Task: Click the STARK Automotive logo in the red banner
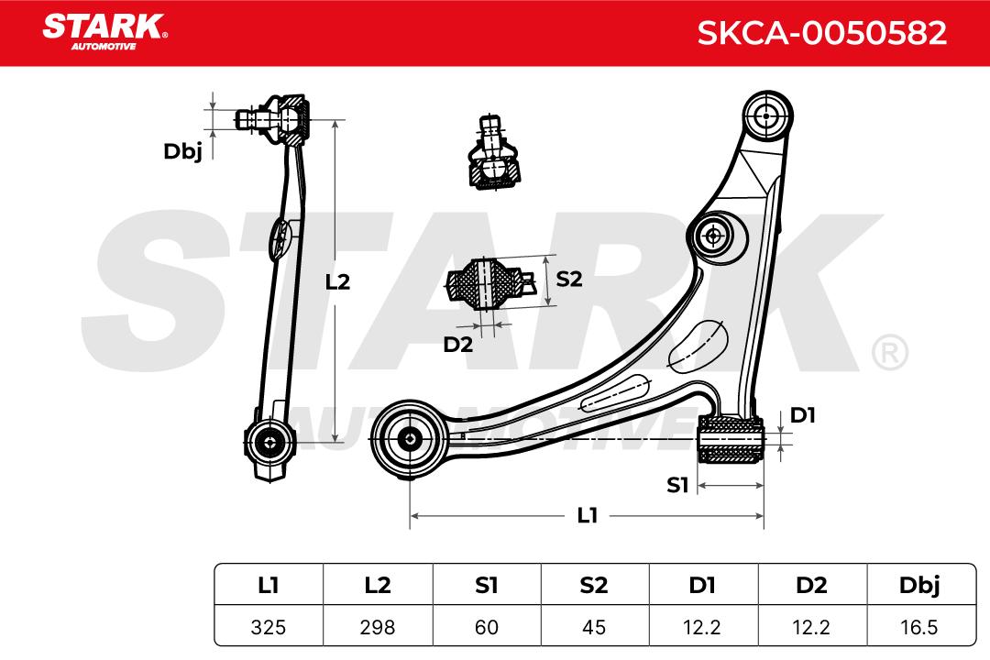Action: pyautogui.click(x=104, y=31)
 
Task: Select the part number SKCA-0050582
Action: pyautogui.click(x=822, y=33)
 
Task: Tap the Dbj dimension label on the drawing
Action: pyautogui.click(x=182, y=151)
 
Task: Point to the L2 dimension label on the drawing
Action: pyautogui.click(x=337, y=281)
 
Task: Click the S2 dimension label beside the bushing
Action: pyautogui.click(x=569, y=279)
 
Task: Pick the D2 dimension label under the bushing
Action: pyautogui.click(x=457, y=345)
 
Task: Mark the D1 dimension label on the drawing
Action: pyautogui.click(x=802, y=415)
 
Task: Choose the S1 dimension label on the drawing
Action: pyautogui.click(x=677, y=485)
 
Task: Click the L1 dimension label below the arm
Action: pyautogui.click(x=588, y=515)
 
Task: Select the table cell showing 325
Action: pyautogui.click(x=269, y=627)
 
